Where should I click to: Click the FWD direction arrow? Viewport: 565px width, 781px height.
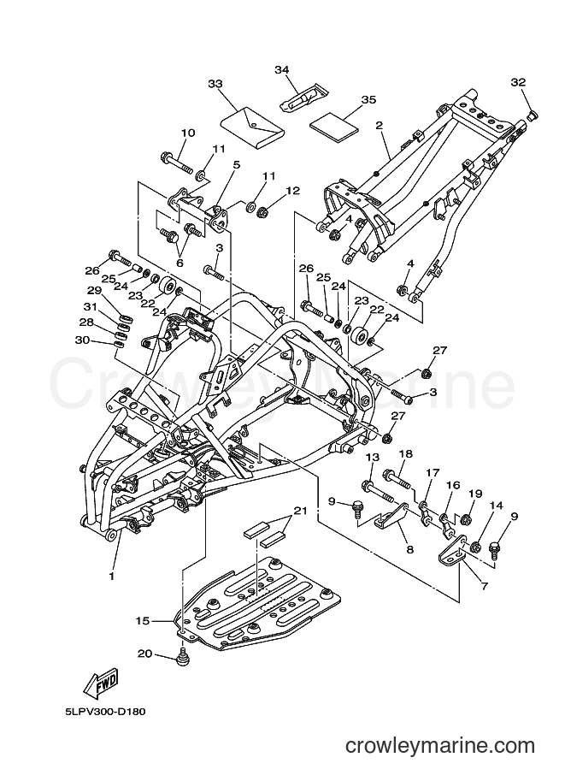point(101,682)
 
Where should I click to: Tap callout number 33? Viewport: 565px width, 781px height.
point(215,84)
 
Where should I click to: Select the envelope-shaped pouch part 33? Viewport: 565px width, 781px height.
point(252,128)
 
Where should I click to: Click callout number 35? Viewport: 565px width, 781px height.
point(368,99)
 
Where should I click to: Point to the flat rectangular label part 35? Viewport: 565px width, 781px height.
point(334,122)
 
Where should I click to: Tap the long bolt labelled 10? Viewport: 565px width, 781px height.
point(177,163)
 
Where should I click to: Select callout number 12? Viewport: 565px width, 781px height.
point(293,190)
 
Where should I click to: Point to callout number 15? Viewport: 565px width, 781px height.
point(143,621)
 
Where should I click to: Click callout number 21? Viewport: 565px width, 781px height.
point(300,511)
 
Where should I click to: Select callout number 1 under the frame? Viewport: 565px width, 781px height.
point(111,577)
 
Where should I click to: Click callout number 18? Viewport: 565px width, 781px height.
point(406,453)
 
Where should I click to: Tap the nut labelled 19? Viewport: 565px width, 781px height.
point(467,519)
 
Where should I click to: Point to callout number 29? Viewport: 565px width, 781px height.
point(94,290)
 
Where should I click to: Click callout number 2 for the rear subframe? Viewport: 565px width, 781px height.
point(380,125)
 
